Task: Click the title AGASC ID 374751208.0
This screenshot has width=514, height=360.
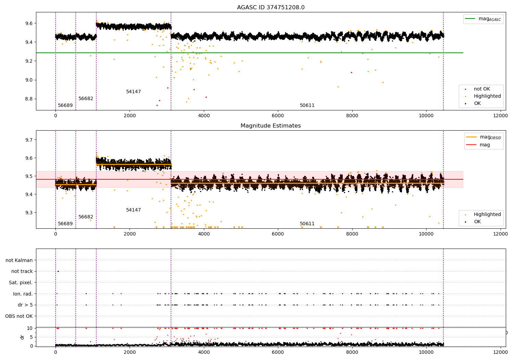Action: point(271,8)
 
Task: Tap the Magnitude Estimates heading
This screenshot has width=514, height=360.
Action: point(271,126)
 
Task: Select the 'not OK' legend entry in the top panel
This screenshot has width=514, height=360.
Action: point(482,89)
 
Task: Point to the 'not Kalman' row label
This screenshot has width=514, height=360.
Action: point(19,260)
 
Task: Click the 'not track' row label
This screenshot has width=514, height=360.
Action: point(22,271)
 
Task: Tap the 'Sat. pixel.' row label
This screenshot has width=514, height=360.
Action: point(21,283)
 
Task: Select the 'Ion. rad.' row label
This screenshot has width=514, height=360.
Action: point(23,294)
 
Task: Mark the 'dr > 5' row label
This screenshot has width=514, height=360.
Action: point(25,305)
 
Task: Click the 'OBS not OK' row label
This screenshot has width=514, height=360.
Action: point(19,316)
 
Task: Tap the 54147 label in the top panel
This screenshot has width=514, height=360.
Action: point(133,92)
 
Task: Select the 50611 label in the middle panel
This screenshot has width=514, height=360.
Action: point(307,224)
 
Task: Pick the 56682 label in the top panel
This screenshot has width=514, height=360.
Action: point(86,99)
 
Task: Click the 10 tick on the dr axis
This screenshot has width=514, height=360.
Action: point(30,328)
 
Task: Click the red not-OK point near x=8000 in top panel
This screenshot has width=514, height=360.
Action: point(351,72)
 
